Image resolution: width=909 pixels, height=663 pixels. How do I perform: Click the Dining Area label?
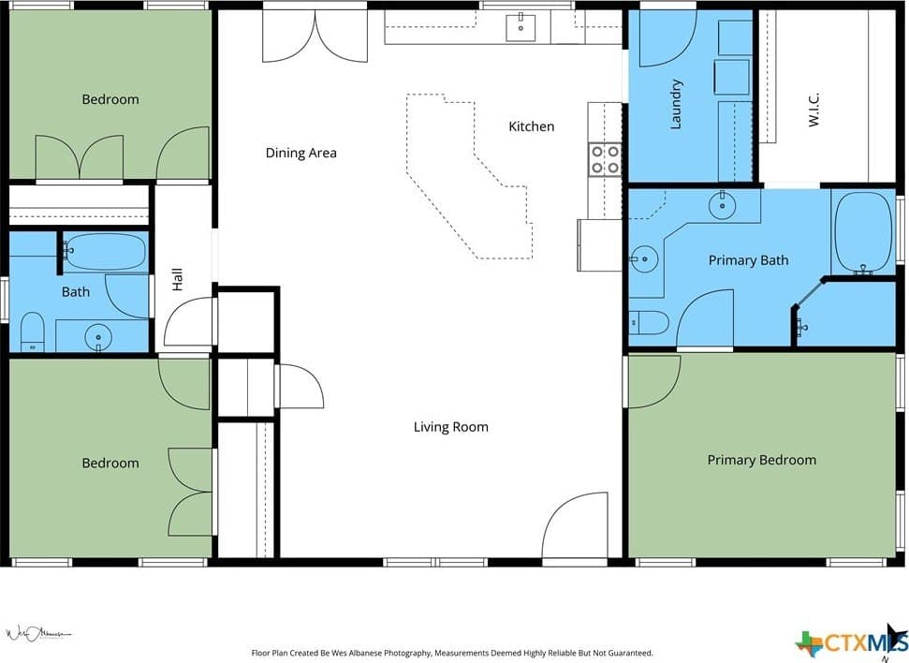(x=301, y=154)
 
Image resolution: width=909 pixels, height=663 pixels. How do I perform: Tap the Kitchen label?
(x=531, y=126)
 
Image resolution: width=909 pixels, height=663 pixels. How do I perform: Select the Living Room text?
(x=451, y=428)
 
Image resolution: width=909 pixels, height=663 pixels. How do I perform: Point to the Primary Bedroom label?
(x=762, y=460)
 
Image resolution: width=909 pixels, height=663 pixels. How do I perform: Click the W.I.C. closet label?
(x=814, y=110)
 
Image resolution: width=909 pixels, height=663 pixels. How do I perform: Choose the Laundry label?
(x=675, y=104)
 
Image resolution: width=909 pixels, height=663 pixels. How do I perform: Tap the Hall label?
(x=177, y=279)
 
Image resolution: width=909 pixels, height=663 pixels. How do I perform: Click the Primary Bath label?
(x=748, y=260)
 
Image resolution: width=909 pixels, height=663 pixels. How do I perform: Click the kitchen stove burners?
(x=605, y=159)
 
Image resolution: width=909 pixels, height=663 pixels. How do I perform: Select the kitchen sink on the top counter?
(x=520, y=27)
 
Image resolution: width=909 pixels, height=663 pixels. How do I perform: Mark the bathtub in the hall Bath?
(x=105, y=252)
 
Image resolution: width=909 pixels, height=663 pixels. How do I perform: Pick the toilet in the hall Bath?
(x=33, y=332)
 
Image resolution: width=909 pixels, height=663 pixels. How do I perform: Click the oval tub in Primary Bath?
(x=862, y=232)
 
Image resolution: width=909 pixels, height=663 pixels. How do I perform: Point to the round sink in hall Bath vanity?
(x=98, y=336)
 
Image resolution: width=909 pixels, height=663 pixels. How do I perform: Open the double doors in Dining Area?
(x=315, y=36)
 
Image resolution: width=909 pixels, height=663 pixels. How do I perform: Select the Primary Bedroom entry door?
(x=654, y=382)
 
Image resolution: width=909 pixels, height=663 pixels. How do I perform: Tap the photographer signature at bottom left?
(x=38, y=633)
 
